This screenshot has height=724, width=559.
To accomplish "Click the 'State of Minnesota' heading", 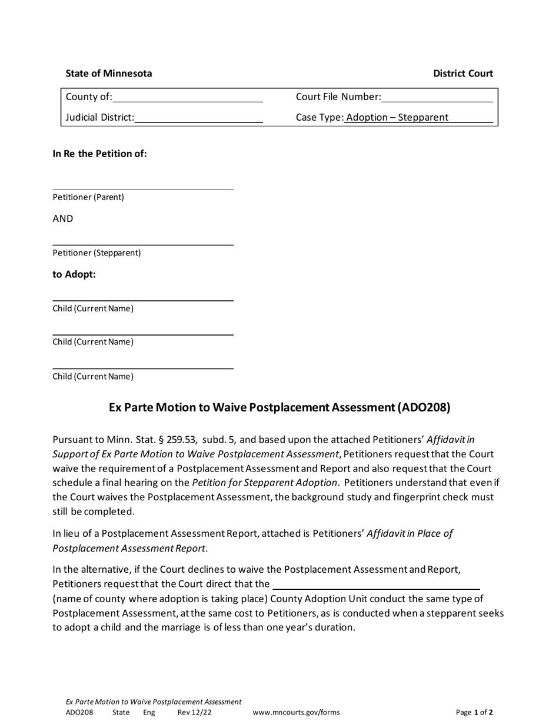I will coord(109,74).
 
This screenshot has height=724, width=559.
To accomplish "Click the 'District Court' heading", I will coord(463,74).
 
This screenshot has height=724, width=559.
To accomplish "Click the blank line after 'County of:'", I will coord(188,98).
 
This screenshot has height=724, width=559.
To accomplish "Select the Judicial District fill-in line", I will coord(198,118).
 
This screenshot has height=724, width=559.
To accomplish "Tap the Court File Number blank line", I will coord(437,98).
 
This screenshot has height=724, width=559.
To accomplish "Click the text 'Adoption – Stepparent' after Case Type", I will coord(397,117).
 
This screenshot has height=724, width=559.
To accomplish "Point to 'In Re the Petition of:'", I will coord(100,154).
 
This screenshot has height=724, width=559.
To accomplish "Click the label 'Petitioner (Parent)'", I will coord(88,197).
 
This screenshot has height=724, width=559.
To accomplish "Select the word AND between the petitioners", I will coord(63,218).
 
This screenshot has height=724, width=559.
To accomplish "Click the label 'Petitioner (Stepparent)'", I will coord(97,253).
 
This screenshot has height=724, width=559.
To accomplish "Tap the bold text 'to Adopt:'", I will coord(74,274).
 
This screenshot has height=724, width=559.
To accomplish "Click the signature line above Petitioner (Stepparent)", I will coord(143,244).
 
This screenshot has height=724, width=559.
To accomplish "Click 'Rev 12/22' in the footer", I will coord(194,712).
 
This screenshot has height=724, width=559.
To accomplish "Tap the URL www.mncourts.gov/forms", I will coord(296,712).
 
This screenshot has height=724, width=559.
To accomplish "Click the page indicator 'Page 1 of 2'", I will coord(474,712).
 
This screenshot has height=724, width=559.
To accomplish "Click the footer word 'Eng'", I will coord(149,712).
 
